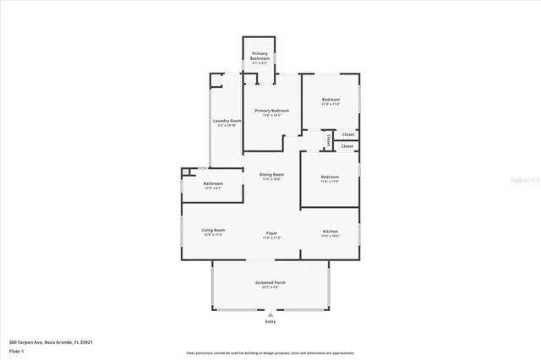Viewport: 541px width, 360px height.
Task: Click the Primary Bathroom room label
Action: coord(260,56)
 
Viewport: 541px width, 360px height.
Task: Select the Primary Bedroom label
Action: coord(272,111)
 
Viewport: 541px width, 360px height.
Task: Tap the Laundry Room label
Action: coord(226,121)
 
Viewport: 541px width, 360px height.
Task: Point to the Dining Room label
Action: coord(271,174)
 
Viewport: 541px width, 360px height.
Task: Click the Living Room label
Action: coord(212,230)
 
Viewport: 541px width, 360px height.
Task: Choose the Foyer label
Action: coord(271,233)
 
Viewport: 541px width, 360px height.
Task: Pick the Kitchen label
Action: coord(331,232)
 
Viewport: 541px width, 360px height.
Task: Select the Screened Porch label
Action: coord(270,283)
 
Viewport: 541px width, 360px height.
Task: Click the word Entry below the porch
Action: coord(270,322)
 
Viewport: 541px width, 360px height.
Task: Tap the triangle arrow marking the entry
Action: coord(270,314)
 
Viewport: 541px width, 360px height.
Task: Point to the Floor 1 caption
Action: coord(16,351)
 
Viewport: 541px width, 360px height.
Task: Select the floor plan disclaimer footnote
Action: coord(270,352)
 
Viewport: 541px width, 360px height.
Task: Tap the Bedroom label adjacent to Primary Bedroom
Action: coord(331,100)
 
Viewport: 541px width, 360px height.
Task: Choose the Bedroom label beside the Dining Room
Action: coord(330,177)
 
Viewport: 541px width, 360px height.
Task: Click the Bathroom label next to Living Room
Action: coord(213,183)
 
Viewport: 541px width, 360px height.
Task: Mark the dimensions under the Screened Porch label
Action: coord(270,288)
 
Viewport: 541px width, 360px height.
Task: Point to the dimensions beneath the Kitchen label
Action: coord(331,237)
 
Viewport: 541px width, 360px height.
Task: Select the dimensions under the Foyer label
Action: coord(271,238)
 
